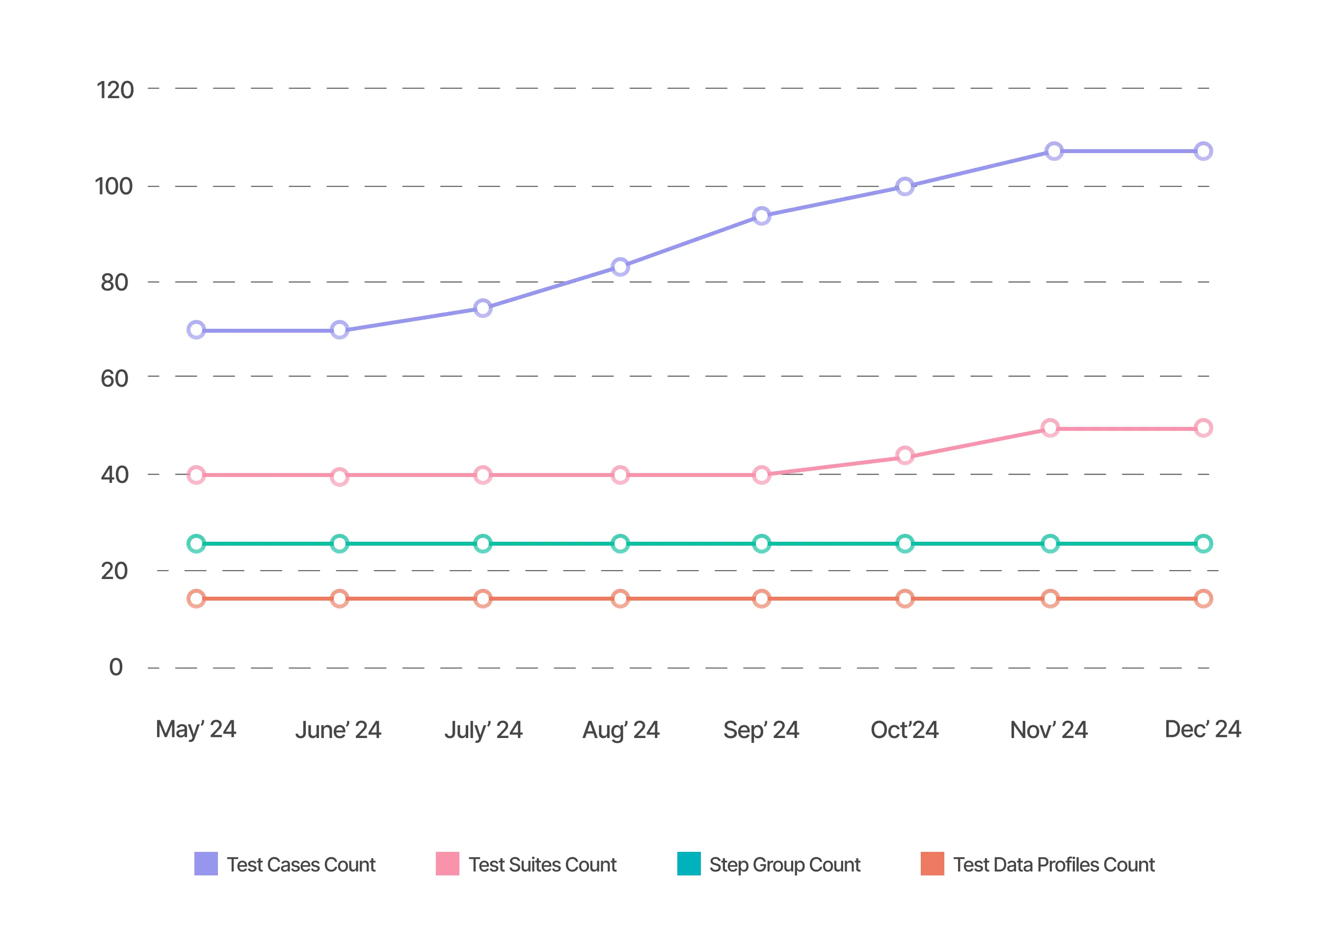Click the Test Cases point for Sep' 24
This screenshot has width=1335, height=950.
(x=761, y=216)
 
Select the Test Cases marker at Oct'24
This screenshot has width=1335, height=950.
(x=905, y=186)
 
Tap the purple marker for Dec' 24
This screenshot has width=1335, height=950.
(x=1203, y=152)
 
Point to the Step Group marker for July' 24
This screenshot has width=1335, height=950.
(x=482, y=543)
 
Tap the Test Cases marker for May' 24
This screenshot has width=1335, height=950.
(x=196, y=330)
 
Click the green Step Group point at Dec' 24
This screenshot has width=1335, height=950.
(x=1203, y=543)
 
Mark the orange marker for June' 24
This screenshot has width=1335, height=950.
(x=339, y=599)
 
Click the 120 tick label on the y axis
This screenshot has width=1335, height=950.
(x=115, y=90)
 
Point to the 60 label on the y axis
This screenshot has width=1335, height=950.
(x=115, y=378)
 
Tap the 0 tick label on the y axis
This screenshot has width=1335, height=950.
(x=116, y=667)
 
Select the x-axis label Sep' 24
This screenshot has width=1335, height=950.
(x=761, y=730)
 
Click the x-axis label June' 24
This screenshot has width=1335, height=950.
(x=338, y=730)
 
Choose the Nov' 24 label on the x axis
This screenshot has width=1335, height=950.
(x=1048, y=730)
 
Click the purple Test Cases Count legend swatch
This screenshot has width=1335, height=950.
(x=206, y=864)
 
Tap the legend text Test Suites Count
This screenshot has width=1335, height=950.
(x=542, y=865)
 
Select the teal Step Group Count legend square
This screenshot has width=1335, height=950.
(x=689, y=864)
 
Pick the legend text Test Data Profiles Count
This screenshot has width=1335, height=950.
(x=1054, y=865)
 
